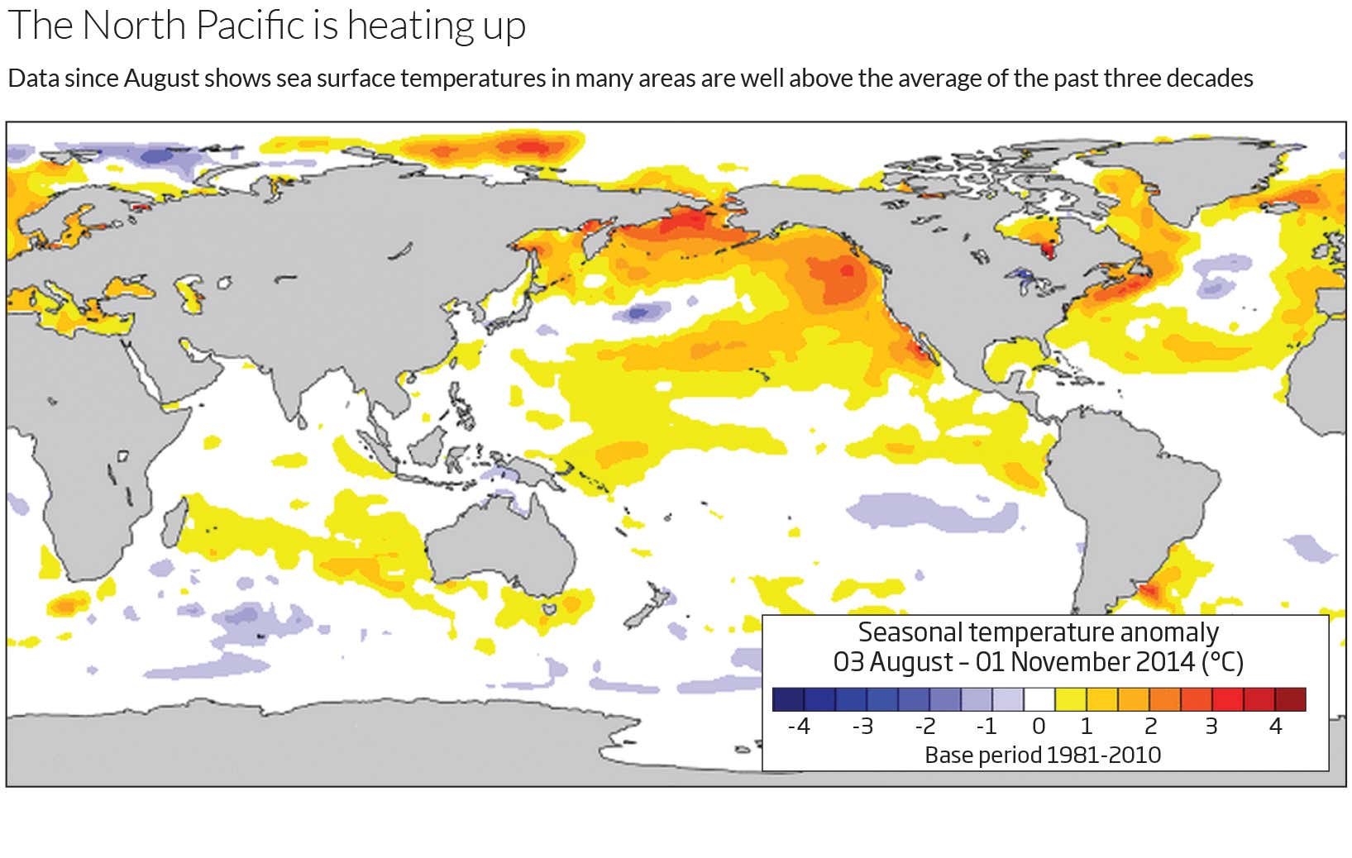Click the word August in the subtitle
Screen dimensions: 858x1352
tap(162, 79)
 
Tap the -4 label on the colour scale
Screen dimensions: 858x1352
tap(798, 727)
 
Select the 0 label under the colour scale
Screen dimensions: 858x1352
tap(1039, 727)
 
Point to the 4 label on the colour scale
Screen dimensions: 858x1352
tap(1275, 727)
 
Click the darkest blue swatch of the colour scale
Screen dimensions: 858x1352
tap(788, 700)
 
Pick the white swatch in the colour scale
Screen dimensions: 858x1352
tap(1039, 700)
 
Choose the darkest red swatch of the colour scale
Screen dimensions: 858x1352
tap(1291, 700)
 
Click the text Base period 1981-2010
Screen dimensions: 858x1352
tap(1042, 756)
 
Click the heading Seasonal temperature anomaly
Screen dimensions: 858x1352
tap(1038, 632)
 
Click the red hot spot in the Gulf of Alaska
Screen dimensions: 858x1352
tap(845, 269)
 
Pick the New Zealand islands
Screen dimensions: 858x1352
tap(649, 608)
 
